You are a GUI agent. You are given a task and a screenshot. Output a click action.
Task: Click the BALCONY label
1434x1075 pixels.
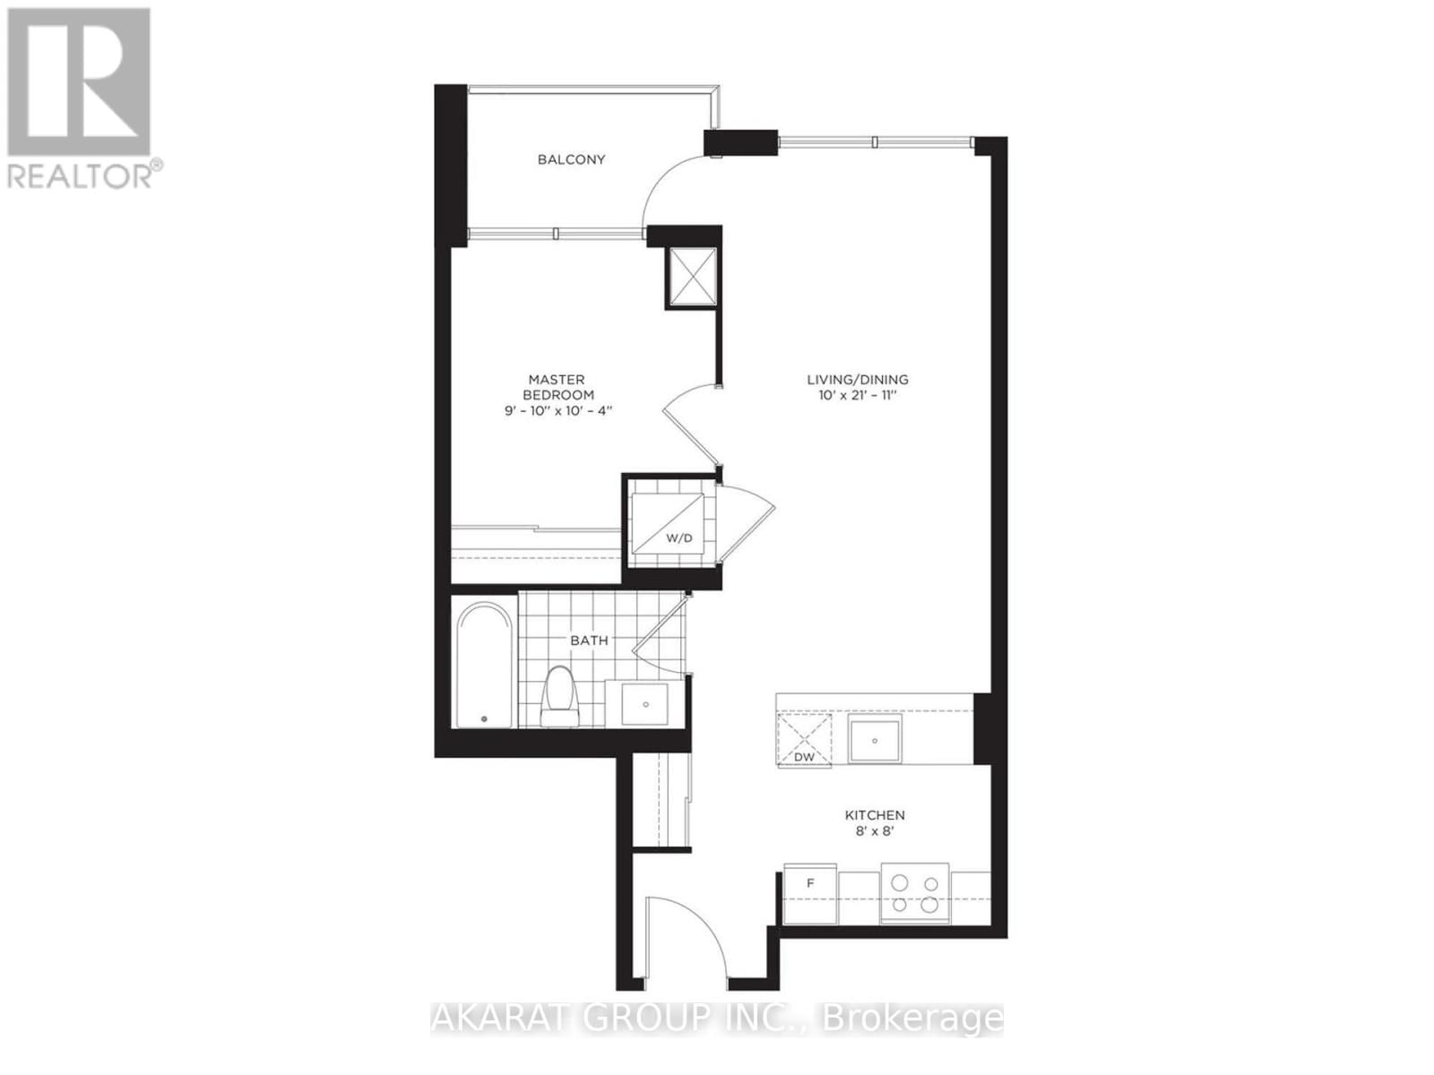(x=571, y=159)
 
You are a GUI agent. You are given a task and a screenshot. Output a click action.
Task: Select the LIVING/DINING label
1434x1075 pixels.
(x=857, y=379)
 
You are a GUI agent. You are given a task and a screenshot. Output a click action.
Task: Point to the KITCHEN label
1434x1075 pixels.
(x=875, y=815)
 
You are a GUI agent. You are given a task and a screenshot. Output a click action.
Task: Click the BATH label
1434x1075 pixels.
(x=589, y=641)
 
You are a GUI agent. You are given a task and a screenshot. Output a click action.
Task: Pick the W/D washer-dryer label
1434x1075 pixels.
(x=678, y=538)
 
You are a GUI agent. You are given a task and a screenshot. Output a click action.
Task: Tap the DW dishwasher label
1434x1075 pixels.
(x=804, y=757)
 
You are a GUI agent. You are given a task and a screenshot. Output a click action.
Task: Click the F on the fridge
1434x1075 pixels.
(x=810, y=883)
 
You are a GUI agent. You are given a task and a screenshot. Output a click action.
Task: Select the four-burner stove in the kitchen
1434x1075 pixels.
(x=914, y=892)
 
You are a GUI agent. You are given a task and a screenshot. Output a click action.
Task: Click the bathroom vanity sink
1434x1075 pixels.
(x=645, y=704)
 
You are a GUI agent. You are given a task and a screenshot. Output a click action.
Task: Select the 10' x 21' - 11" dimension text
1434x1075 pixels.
(x=857, y=395)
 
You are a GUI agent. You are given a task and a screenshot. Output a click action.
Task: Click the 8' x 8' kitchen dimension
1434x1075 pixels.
(x=875, y=832)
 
